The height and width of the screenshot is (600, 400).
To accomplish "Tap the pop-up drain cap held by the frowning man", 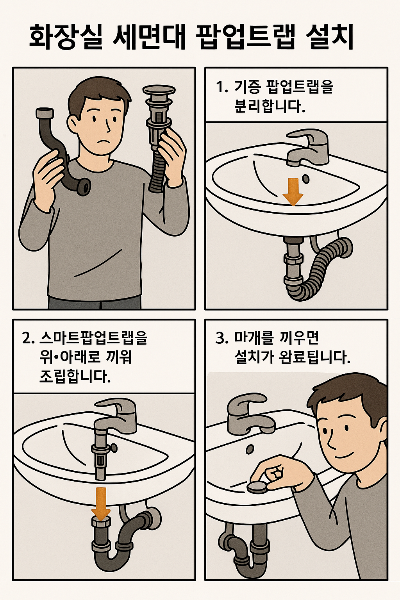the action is click(158, 91).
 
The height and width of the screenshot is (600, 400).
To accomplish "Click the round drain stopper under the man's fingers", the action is click(257, 487).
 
